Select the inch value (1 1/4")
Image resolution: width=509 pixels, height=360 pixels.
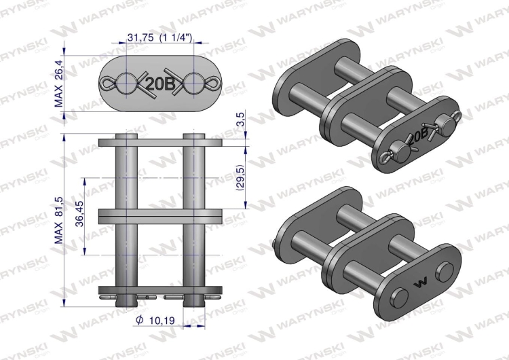(x=178, y=39)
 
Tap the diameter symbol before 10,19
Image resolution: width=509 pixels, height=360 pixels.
(x=138, y=319)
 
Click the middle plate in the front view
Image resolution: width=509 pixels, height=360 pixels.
(x=161, y=215)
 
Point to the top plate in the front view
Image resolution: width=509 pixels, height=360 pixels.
(x=161, y=143)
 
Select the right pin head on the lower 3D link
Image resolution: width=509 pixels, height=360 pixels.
(x=445, y=270)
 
